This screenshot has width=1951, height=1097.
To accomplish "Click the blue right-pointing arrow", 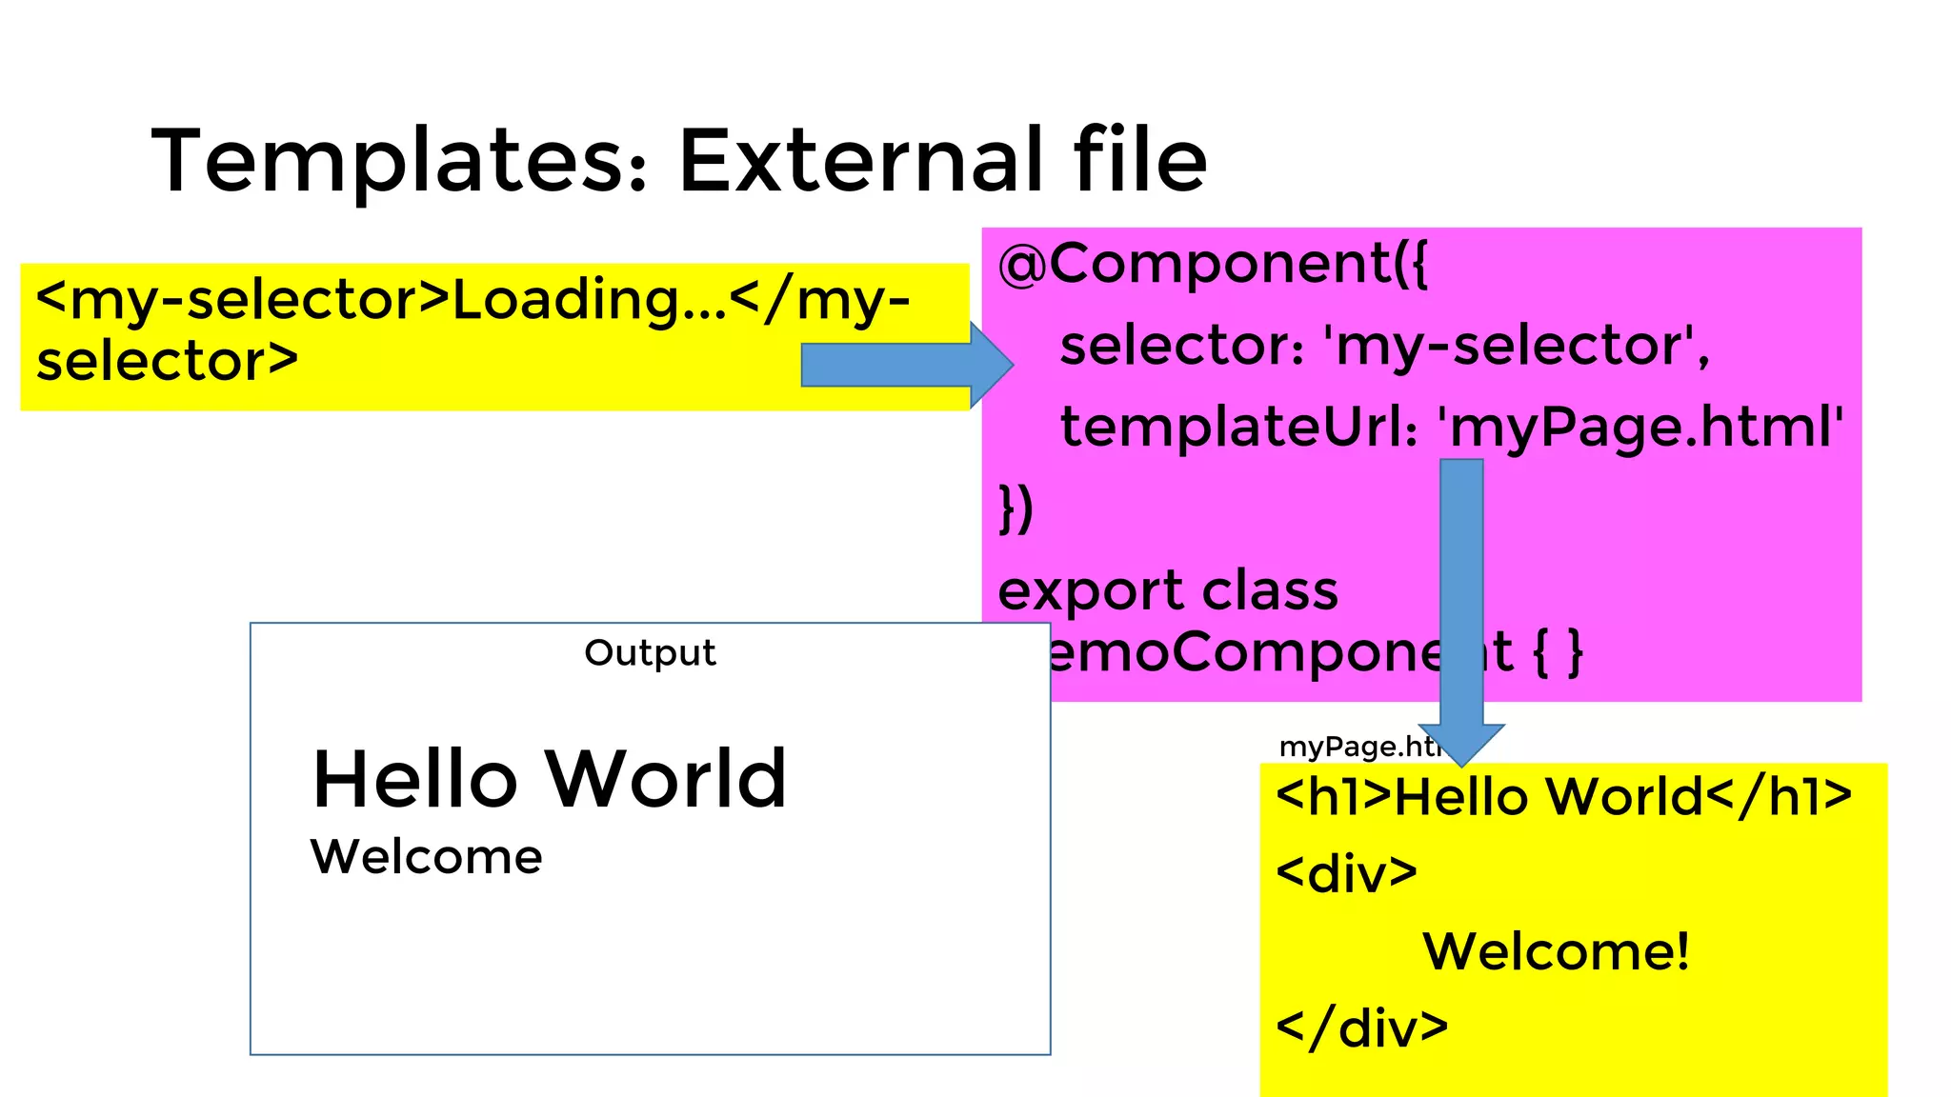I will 905,365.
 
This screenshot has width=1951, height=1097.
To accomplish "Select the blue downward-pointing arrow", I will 1461,609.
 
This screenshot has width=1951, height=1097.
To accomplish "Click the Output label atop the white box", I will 650,653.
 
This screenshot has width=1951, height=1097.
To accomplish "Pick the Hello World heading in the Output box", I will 550,779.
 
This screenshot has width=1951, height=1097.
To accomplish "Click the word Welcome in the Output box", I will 426,857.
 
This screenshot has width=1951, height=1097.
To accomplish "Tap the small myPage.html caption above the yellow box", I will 1358,747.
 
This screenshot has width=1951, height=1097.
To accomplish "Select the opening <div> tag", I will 1346,873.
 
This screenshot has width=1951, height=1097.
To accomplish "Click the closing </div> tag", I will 1361,1027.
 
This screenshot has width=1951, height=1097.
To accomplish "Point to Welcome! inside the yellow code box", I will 1556,950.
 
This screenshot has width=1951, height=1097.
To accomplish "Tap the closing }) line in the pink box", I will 1016,509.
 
